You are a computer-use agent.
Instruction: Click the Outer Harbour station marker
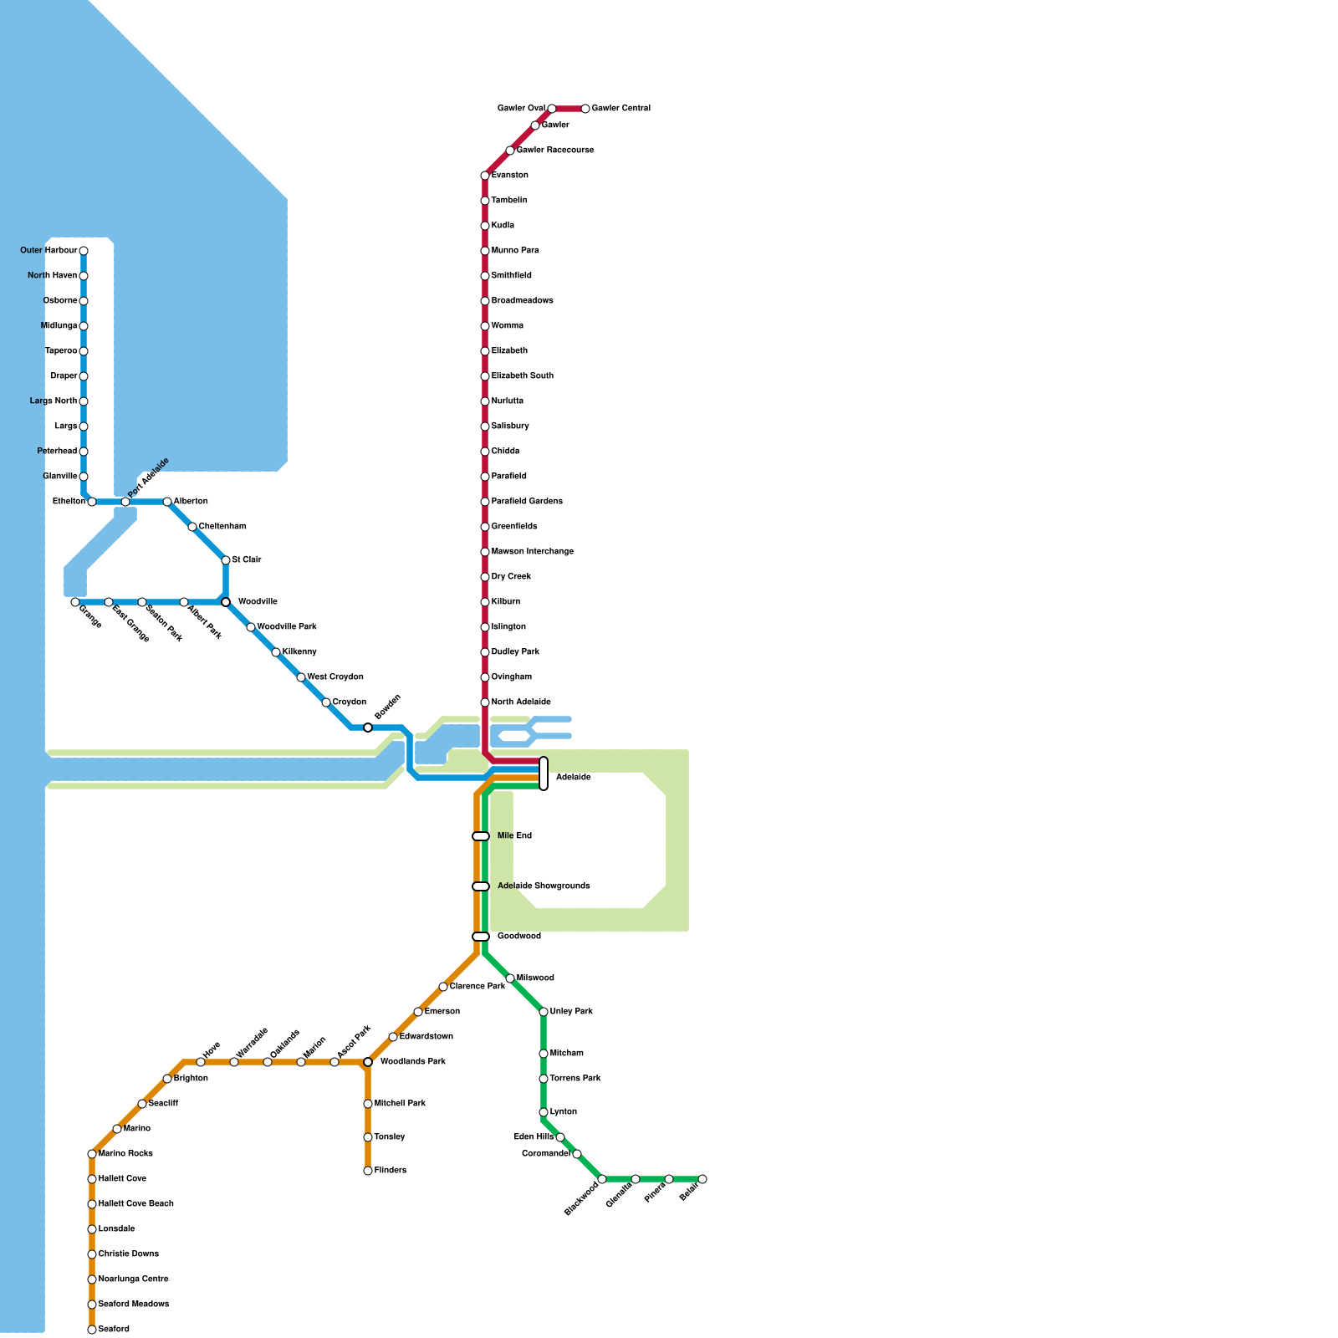tap(84, 251)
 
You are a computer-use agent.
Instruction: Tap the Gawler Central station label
tap(620, 109)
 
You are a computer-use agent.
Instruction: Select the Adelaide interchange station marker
tap(544, 774)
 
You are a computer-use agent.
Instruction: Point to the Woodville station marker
tap(226, 602)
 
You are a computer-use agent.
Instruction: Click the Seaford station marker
tap(92, 1330)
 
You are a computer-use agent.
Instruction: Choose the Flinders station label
tap(390, 1171)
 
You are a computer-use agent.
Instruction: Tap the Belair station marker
tap(702, 1179)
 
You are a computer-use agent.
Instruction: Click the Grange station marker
tap(75, 602)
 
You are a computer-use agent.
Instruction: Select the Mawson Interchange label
tap(532, 552)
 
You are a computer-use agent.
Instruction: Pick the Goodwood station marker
tap(481, 937)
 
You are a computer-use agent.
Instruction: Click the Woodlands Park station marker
tap(368, 1062)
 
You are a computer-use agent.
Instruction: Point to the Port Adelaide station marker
tap(125, 502)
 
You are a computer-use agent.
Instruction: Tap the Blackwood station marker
tap(602, 1179)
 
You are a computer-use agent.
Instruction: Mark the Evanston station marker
tap(485, 176)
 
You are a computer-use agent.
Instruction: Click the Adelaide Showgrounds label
tap(544, 886)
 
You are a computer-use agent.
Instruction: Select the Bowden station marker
tap(368, 728)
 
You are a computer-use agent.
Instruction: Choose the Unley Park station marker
tap(544, 1012)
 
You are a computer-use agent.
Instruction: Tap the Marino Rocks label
tap(125, 1154)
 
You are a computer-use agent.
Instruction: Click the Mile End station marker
tap(481, 836)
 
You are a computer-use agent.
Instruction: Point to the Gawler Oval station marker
tap(552, 109)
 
